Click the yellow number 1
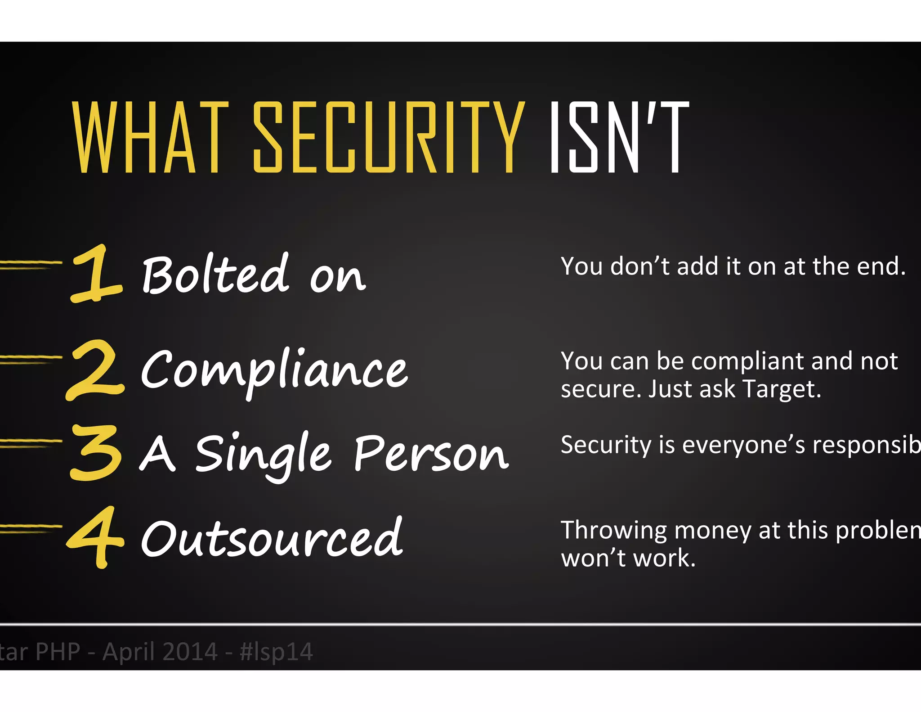coord(95,273)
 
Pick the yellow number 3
coord(96,452)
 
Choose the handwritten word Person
coord(431,454)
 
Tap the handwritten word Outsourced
coord(272,538)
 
